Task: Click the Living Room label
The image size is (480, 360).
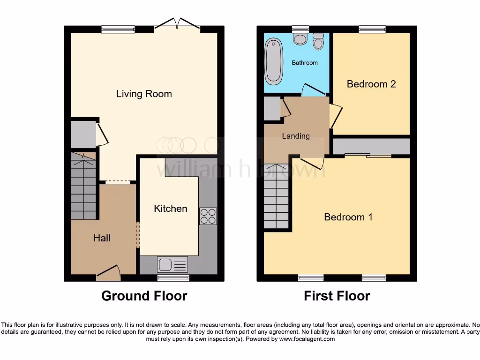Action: [144, 94]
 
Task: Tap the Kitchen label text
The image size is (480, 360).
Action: [171, 209]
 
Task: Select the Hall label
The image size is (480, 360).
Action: [102, 238]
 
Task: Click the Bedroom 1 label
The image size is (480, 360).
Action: [348, 217]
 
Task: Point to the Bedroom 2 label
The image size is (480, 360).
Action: [371, 84]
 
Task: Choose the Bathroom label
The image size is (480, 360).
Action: [305, 63]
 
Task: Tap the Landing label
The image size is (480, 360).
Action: [296, 136]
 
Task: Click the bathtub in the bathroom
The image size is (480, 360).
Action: [272, 61]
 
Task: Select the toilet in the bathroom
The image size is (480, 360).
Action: [319, 42]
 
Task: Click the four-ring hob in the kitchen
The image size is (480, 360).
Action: [208, 216]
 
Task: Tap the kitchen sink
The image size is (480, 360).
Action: [165, 265]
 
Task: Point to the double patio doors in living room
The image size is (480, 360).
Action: [177, 24]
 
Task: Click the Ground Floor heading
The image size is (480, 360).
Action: [144, 296]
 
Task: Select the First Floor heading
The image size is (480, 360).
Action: [337, 296]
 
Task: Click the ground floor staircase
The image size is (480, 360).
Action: [83, 187]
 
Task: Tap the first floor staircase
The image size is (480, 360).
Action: [276, 197]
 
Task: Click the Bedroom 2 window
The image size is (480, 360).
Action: [372, 29]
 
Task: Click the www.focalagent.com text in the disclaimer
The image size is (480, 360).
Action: [307, 339]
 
